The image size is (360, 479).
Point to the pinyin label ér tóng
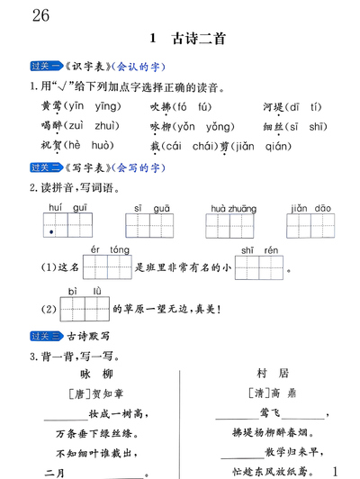tap(107, 249)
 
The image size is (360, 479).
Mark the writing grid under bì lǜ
tap(84, 308)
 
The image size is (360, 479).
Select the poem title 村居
tap(271, 372)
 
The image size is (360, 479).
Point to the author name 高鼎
tap(283, 393)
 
